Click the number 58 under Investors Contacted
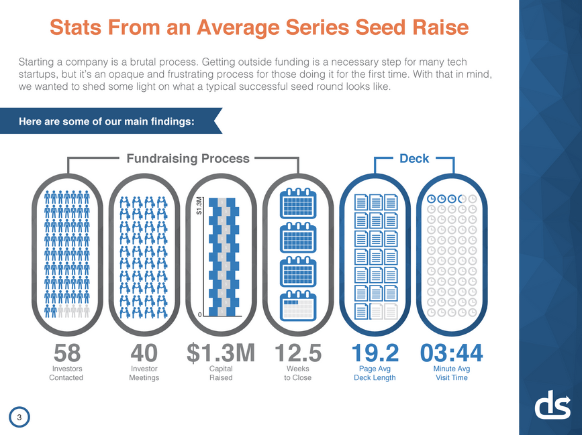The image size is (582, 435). [x=66, y=353]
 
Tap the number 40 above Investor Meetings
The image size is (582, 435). [x=144, y=353]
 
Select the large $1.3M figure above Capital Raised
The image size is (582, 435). [x=221, y=353]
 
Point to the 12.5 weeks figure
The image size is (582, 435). [x=298, y=353]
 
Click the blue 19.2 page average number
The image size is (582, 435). [x=375, y=353]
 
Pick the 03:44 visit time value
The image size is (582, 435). [x=451, y=353]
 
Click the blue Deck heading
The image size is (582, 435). [x=415, y=159]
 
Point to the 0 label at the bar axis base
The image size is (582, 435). [x=200, y=314]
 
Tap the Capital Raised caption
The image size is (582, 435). [x=221, y=373]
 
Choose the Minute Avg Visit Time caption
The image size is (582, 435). [x=451, y=373]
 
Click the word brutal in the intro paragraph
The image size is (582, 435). [x=161, y=62]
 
